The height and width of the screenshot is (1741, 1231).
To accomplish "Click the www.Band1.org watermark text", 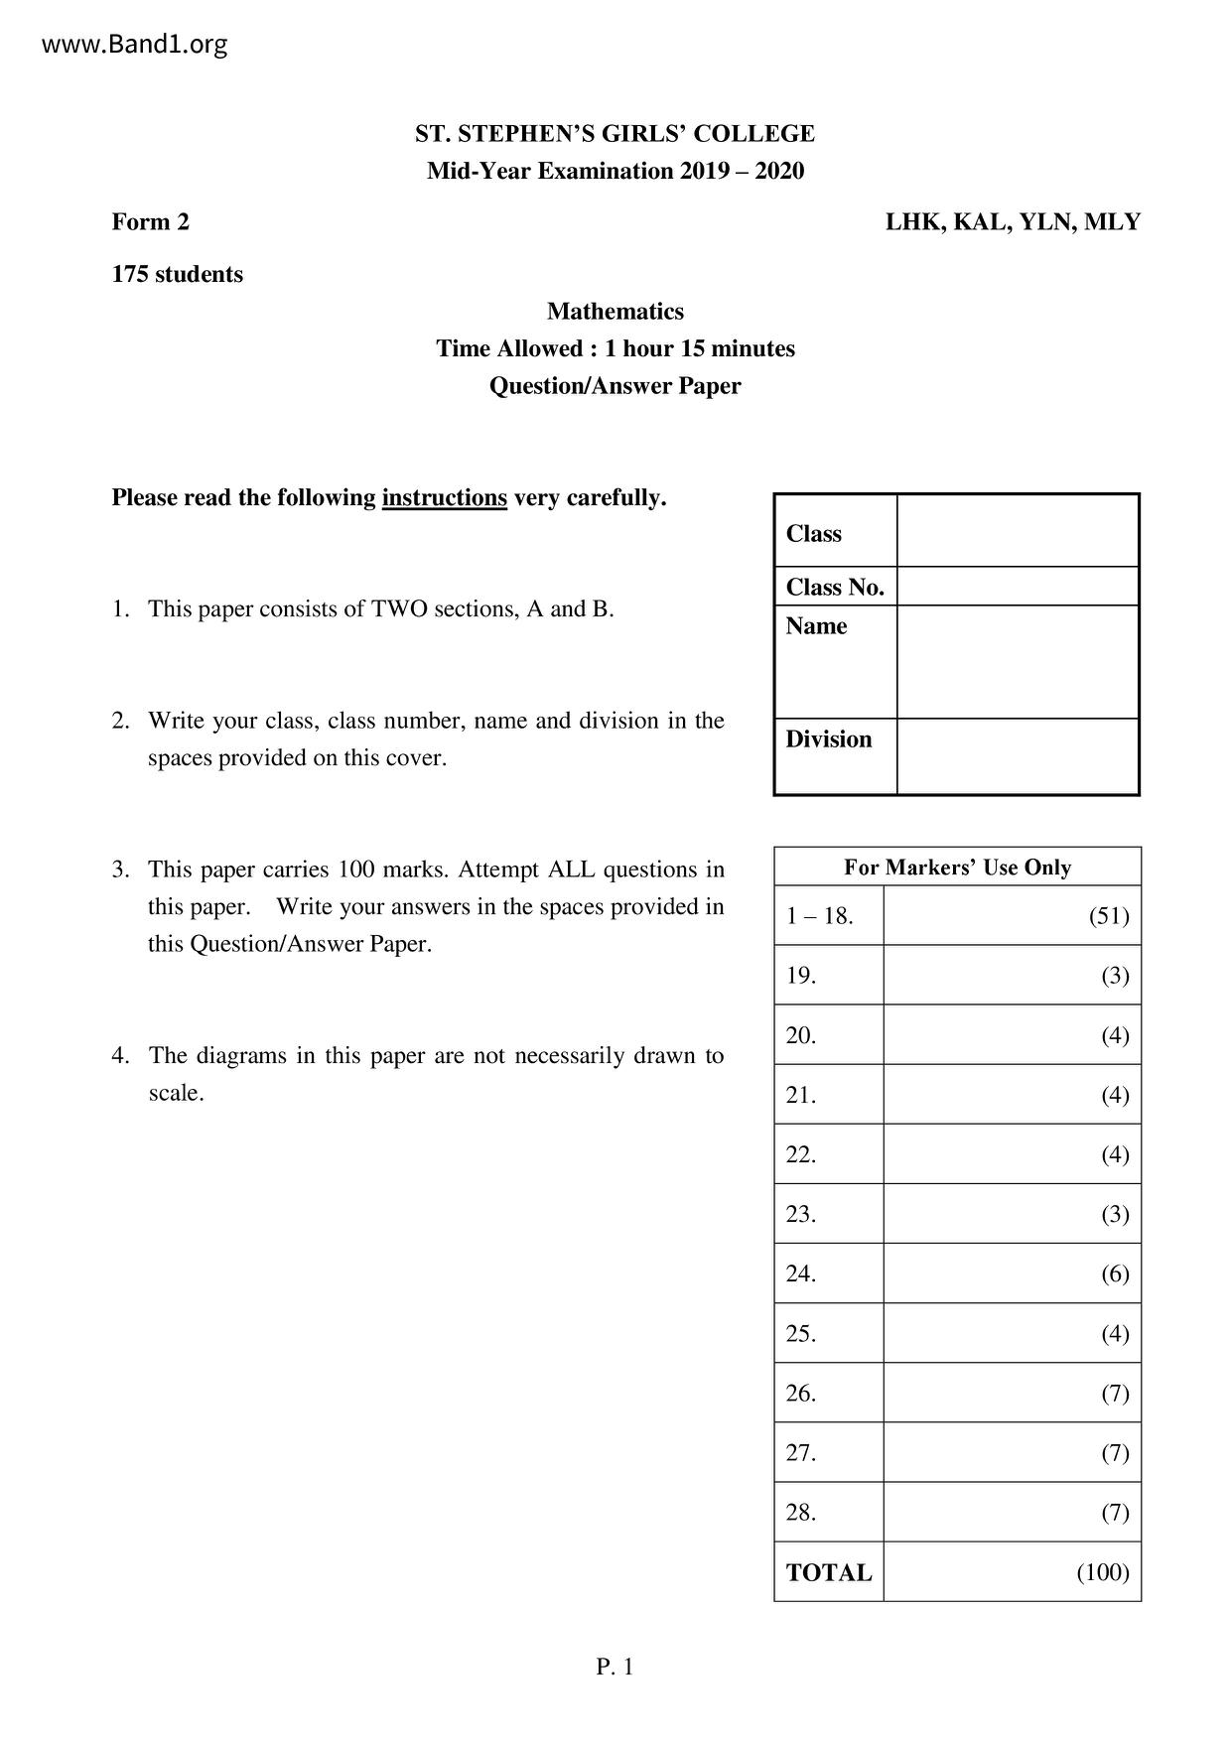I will point(135,45).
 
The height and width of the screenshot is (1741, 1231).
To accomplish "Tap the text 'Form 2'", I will point(150,221).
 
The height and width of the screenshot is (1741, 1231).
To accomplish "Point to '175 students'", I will point(177,274).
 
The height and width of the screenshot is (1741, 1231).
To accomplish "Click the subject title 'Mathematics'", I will point(615,312).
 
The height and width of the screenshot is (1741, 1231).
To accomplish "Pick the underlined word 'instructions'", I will point(444,497).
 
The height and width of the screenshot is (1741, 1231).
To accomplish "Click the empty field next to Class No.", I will point(1018,587).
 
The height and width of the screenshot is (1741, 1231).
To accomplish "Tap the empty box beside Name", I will point(1018,661).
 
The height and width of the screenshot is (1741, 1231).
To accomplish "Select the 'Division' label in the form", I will point(828,739).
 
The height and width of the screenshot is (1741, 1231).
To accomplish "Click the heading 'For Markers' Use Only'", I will point(957,868).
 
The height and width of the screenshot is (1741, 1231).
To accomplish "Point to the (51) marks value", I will point(1109,915).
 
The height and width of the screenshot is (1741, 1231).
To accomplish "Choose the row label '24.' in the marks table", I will point(800,1273).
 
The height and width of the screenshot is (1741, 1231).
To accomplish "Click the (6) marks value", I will point(1115,1273).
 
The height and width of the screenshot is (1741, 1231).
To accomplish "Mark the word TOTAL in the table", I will point(828,1573).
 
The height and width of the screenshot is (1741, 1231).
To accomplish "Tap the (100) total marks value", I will point(1103,1572).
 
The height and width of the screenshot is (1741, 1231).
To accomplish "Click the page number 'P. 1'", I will point(615,1667).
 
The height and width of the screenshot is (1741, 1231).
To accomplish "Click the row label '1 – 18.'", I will point(819,915).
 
